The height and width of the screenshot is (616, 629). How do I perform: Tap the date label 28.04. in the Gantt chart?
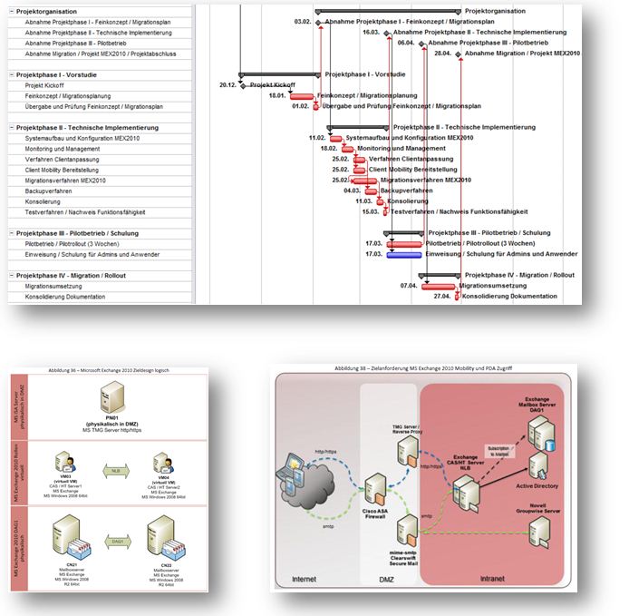tap(443, 54)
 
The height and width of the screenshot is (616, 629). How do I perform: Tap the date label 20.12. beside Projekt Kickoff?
tap(227, 85)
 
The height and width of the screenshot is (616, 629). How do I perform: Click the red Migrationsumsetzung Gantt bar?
tap(439, 286)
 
